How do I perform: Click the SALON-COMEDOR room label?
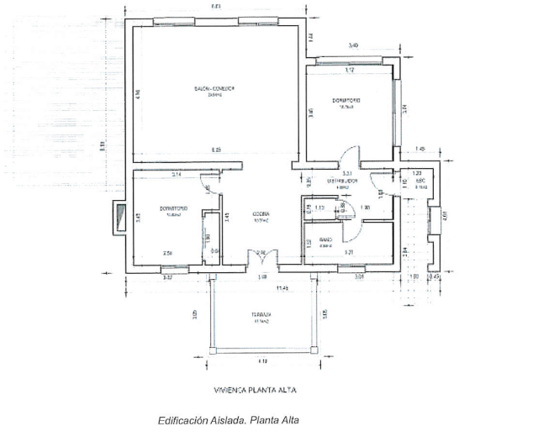pyautogui.click(x=215, y=88)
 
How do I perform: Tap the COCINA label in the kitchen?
pyautogui.click(x=261, y=215)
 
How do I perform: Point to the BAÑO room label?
pyautogui.click(x=325, y=240)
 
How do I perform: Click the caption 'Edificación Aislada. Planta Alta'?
pyautogui.click(x=228, y=420)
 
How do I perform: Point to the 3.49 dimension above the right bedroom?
pyautogui.click(x=354, y=46)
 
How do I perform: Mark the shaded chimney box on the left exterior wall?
pyautogui.click(x=117, y=217)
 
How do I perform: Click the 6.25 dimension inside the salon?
pyautogui.click(x=216, y=150)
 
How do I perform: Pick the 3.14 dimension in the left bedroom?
pyautogui.click(x=177, y=174)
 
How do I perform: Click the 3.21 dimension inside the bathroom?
pyautogui.click(x=348, y=251)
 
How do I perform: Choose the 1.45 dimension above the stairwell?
pyautogui.click(x=420, y=149)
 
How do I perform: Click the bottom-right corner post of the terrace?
pyautogui.click(x=319, y=351)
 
